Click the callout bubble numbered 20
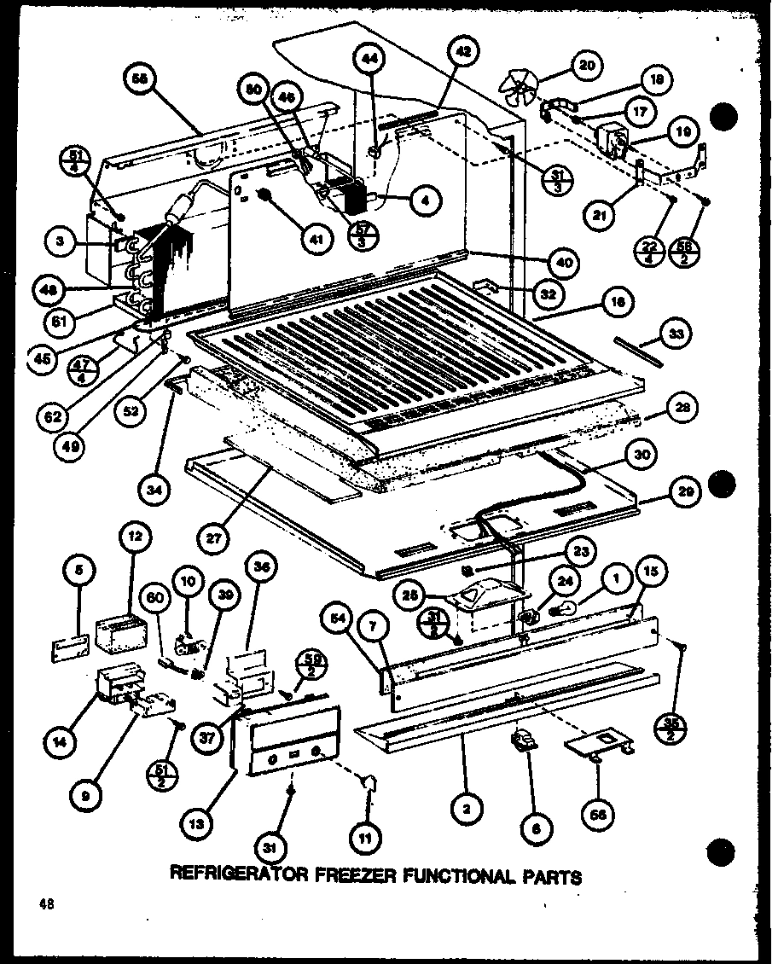click(x=588, y=65)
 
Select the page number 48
click(x=46, y=905)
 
